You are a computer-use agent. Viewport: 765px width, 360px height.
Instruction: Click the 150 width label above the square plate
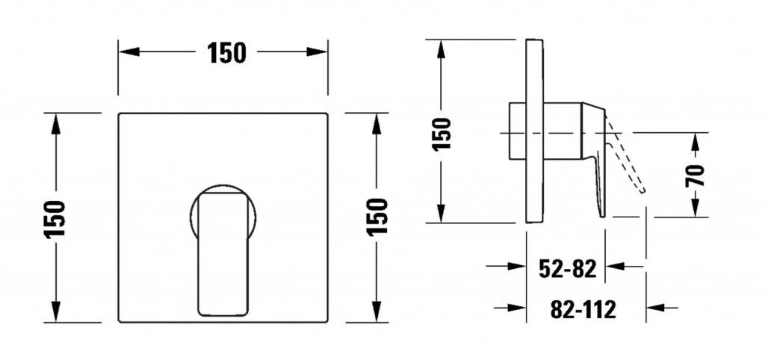[x=226, y=53]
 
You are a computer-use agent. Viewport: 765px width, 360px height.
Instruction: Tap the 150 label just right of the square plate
[x=377, y=217]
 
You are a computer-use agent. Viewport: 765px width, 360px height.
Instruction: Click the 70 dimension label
[x=696, y=176]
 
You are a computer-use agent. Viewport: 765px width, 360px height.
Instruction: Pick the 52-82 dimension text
[x=568, y=268]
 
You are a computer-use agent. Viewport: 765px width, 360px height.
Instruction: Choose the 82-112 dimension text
[x=583, y=309]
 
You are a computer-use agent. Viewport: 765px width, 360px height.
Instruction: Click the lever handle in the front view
[x=223, y=253]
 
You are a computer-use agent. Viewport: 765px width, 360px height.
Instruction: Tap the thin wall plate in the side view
[x=535, y=131]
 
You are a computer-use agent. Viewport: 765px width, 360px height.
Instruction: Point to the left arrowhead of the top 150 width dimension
[x=129, y=52]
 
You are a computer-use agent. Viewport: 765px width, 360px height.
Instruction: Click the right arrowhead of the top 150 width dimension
[x=317, y=52]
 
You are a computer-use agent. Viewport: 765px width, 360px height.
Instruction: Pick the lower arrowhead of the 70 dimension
[x=696, y=208]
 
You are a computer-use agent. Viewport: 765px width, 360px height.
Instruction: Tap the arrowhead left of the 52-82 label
[x=517, y=267]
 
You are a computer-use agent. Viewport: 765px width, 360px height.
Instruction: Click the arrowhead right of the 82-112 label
[x=656, y=308]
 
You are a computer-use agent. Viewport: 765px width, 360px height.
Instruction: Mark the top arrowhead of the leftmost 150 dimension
[x=56, y=124]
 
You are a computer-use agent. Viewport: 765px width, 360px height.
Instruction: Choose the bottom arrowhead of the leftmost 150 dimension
[x=56, y=311]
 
